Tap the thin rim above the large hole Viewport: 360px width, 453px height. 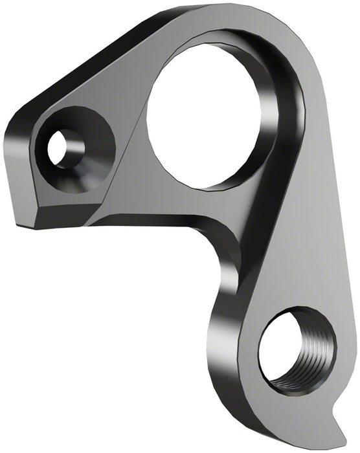(x=214, y=39)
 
